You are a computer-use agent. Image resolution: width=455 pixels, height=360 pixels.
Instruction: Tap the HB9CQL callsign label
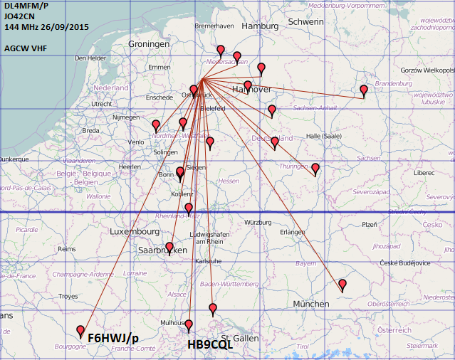(209, 344)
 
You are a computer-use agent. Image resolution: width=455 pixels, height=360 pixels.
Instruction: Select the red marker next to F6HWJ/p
(80, 331)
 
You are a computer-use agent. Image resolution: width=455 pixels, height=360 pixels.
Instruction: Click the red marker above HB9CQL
(189, 325)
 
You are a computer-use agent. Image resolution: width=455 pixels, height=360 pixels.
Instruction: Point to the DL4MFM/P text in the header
(26, 6)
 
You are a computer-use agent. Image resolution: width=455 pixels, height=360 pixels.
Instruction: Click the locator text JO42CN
(19, 16)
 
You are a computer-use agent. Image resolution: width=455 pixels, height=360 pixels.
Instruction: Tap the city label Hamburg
(260, 26)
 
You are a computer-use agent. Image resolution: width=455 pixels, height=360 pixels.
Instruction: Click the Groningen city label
(149, 44)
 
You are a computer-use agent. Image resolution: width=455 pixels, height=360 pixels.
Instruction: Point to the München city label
(311, 304)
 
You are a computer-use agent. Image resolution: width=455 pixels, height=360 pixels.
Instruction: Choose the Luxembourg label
(135, 231)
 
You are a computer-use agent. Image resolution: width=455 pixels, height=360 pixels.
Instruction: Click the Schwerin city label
(306, 22)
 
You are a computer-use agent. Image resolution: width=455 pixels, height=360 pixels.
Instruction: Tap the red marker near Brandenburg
(364, 90)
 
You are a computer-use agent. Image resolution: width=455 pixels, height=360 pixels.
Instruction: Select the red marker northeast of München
(342, 285)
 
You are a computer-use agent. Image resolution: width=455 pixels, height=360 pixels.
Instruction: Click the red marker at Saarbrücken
(169, 248)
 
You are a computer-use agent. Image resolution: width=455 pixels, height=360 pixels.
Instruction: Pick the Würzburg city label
(258, 222)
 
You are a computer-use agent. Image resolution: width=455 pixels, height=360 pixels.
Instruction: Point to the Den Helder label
(90, 58)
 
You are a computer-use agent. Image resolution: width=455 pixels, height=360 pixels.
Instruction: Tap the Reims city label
(66, 250)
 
